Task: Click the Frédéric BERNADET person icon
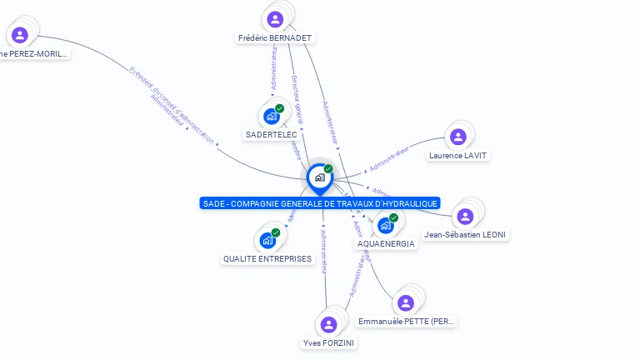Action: pyautogui.click(x=275, y=18)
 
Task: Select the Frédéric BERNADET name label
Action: pyautogui.click(x=275, y=38)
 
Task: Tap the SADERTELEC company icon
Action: pyautogui.click(x=272, y=116)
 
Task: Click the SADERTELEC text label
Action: pyautogui.click(x=272, y=135)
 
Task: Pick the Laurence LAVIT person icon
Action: pyautogui.click(x=457, y=137)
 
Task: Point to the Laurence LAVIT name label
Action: pyautogui.click(x=457, y=156)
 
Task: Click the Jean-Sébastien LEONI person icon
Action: pyautogui.click(x=465, y=216)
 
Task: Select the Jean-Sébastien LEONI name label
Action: pyautogui.click(x=465, y=235)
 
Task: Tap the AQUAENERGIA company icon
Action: pyautogui.click(x=386, y=225)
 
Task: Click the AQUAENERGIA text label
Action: pyautogui.click(x=385, y=244)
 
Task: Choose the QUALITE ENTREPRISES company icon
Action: pyautogui.click(x=267, y=240)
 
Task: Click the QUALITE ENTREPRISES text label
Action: pyautogui.click(x=267, y=259)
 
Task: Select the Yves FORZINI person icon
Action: pyautogui.click(x=328, y=324)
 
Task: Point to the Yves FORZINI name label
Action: pyautogui.click(x=328, y=343)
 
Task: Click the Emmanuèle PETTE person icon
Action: pyautogui.click(x=405, y=302)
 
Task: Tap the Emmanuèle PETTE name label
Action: pyautogui.click(x=406, y=322)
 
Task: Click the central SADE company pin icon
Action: pyautogui.click(x=319, y=177)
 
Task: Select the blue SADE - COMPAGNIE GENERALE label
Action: pyautogui.click(x=319, y=203)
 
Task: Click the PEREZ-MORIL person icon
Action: pyautogui.click(x=20, y=35)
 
